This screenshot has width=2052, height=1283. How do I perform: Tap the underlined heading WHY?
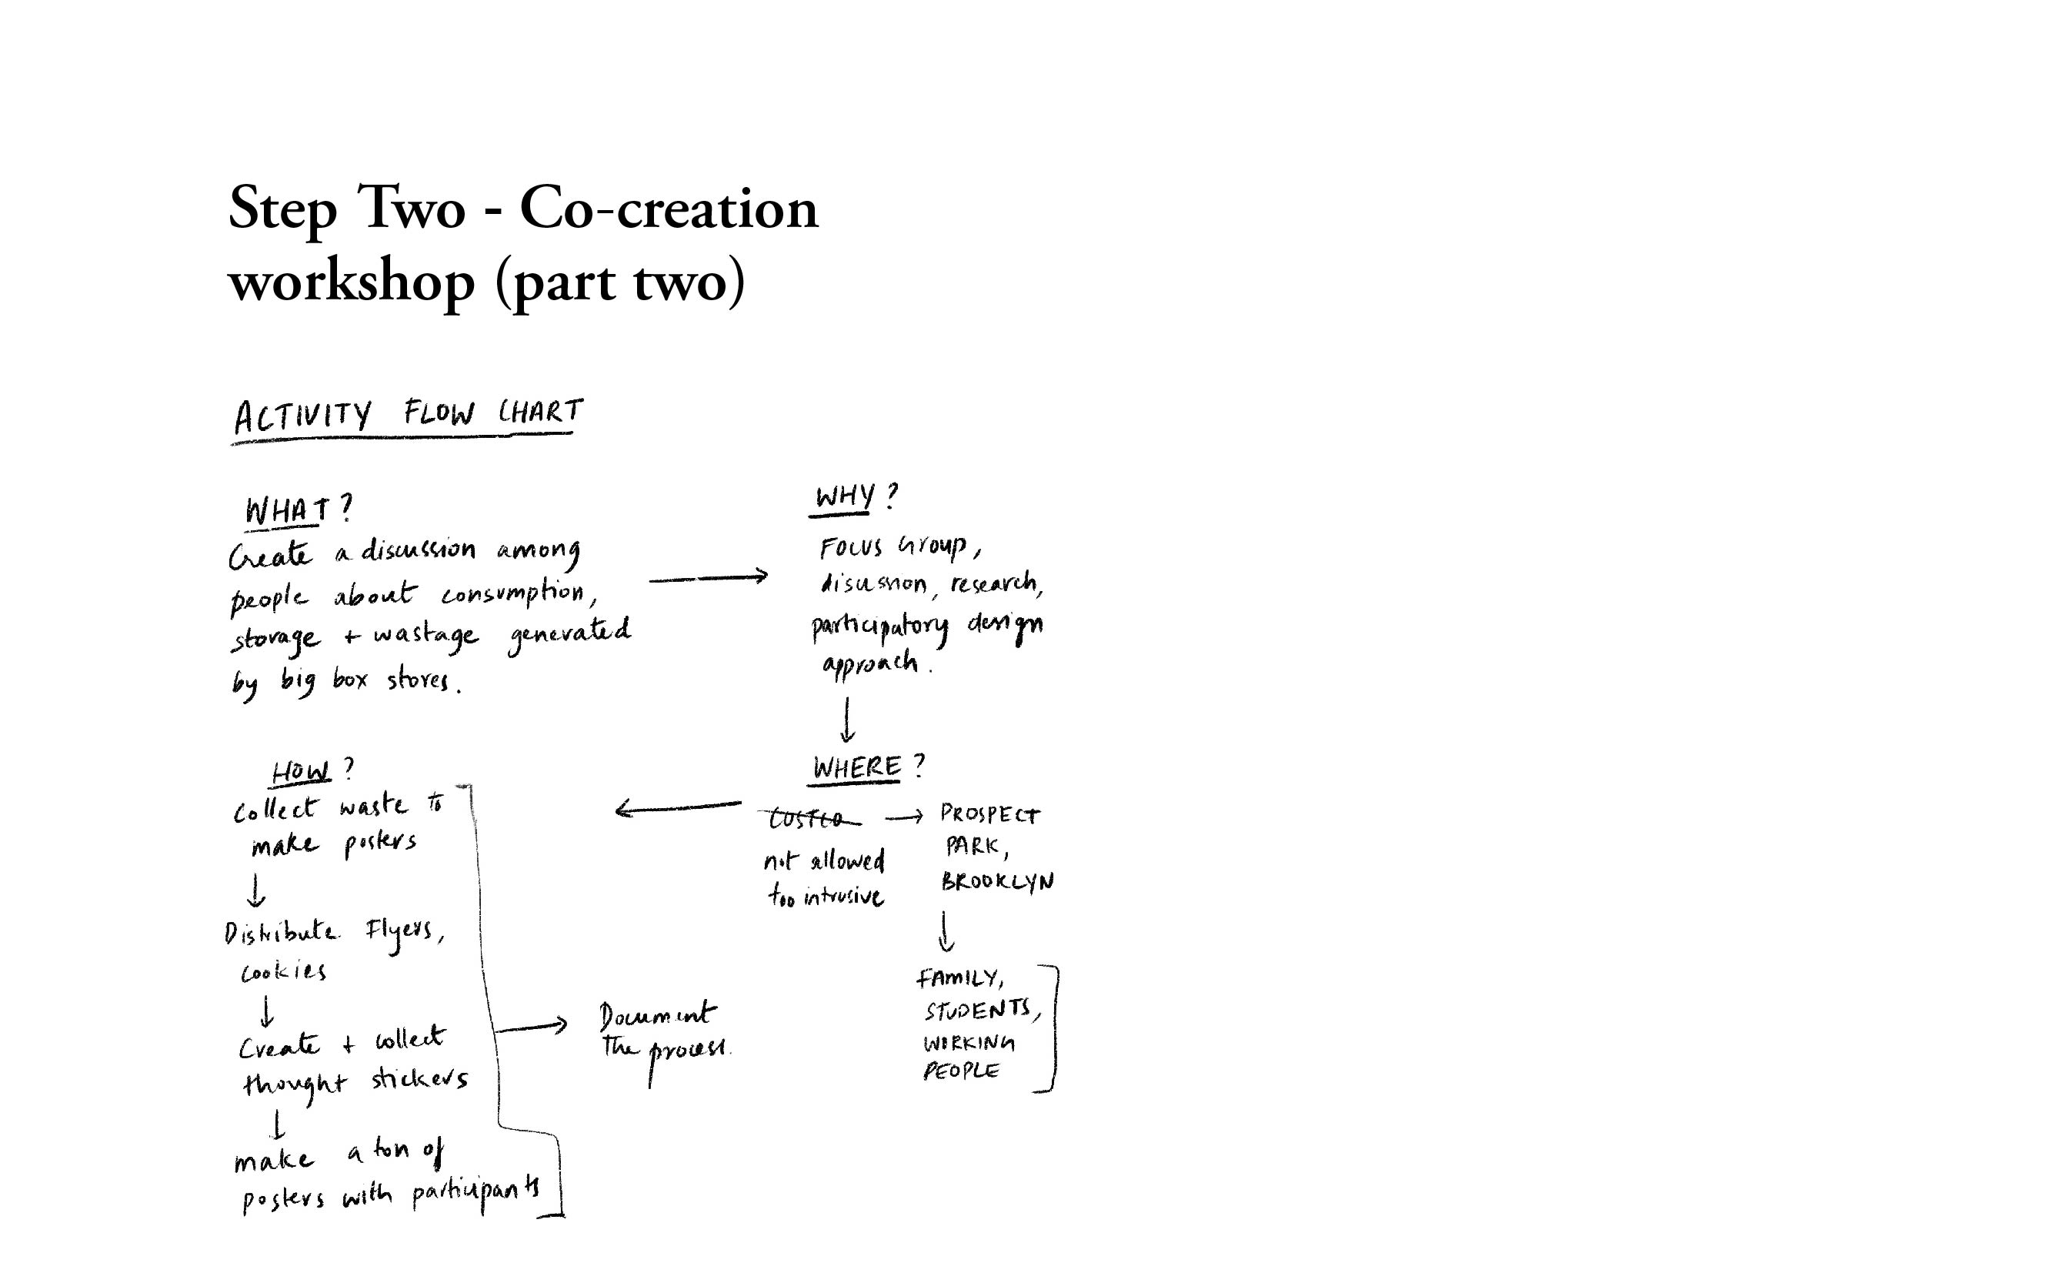pos(853,496)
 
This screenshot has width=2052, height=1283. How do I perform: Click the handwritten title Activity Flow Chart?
pos(407,415)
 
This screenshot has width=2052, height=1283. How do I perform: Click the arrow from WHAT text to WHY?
pos(708,578)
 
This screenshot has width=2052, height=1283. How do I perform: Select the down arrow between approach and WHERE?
pos(846,720)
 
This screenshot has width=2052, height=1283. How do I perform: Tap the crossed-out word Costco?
pos(808,819)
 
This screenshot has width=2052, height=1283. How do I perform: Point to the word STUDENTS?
pos(979,1011)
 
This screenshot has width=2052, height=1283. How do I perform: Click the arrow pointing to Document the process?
pos(532,1027)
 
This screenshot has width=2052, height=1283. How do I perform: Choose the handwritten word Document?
pos(656,1014)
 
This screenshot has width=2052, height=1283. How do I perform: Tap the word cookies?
pos(283,972)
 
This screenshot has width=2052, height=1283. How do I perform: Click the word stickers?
pos(419,1080)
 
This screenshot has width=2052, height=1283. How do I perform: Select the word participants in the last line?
pos(475,1193)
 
